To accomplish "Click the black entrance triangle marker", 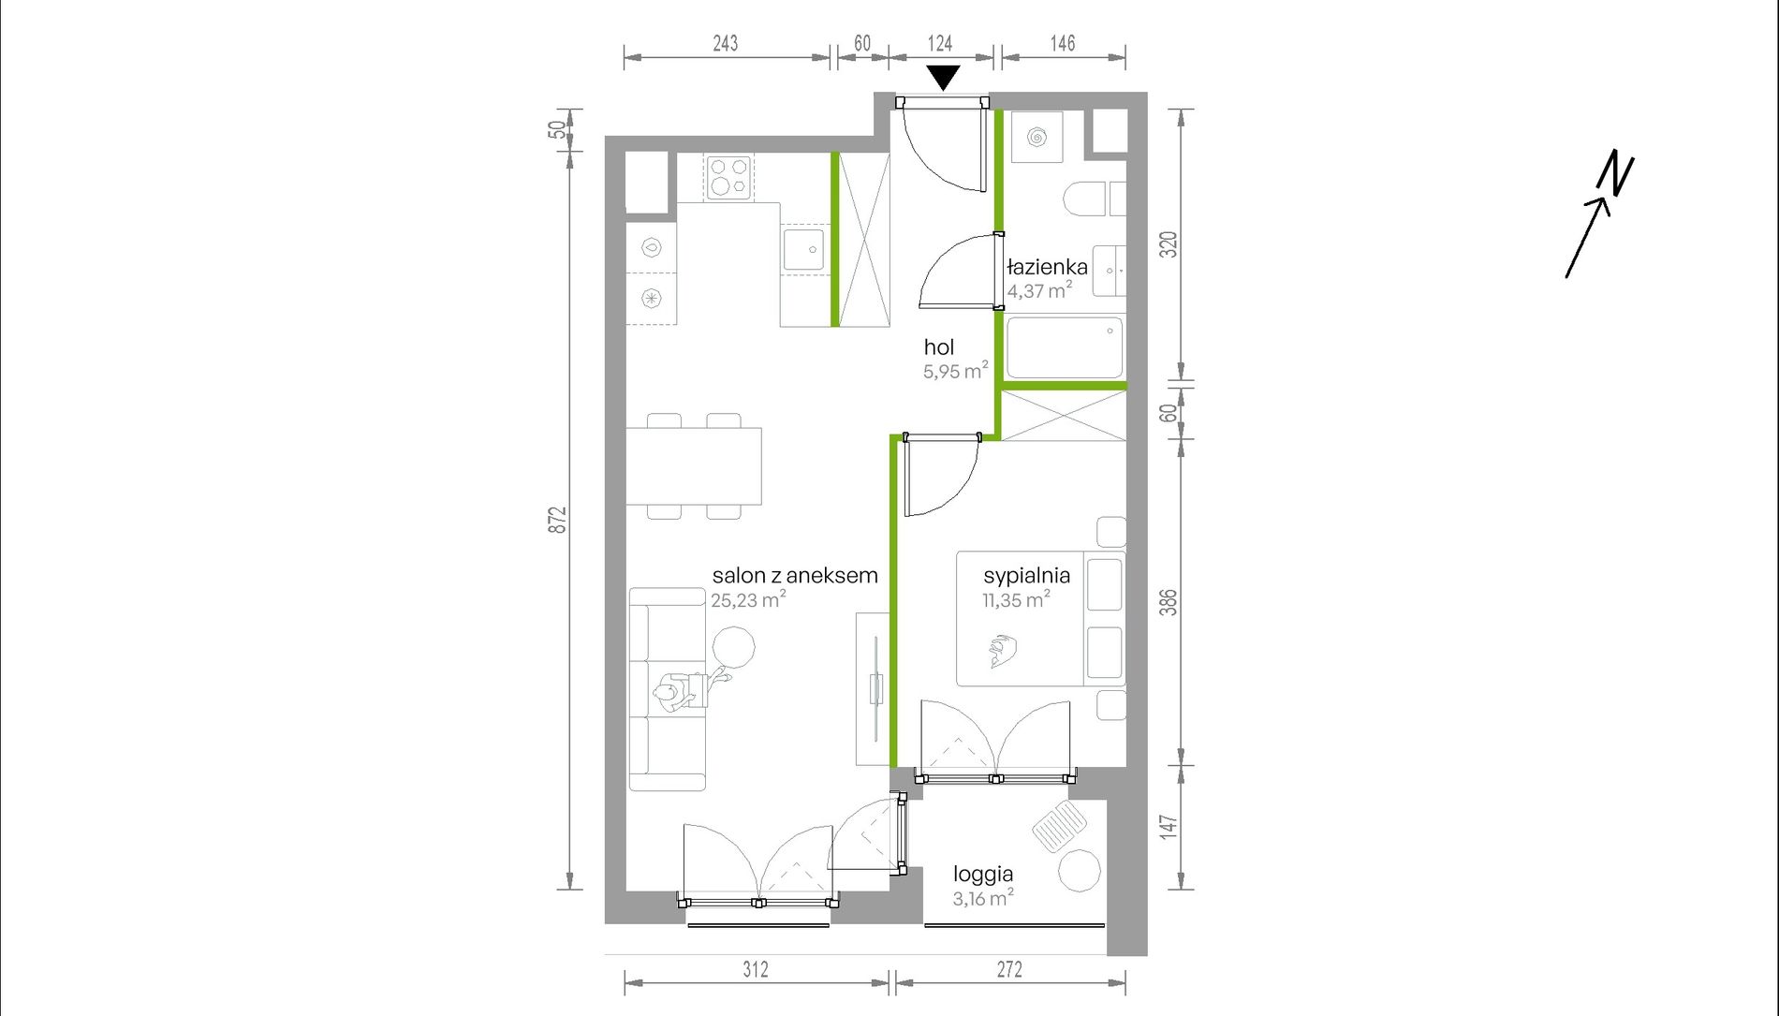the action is coord(943,77).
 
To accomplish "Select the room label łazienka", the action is coord(1047,267).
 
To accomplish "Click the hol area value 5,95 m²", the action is coord(955,371).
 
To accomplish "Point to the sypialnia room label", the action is coord(1026,575).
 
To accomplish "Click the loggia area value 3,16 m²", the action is coord(982,898).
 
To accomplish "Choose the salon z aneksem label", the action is coord(795,575).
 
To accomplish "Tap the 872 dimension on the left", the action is coord(558,521).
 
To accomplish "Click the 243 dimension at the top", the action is coord(725,43).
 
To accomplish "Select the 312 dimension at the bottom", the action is coord(756,969).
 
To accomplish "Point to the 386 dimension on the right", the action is coord(1168,601).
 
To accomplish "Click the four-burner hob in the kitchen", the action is coord(729,177).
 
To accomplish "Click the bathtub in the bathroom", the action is coord(1065,347).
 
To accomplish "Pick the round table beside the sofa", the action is coord(733,648).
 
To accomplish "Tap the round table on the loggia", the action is coord(1080,870).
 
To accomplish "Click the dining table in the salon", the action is coord(694,466).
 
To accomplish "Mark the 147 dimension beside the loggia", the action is coord(1168,826).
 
